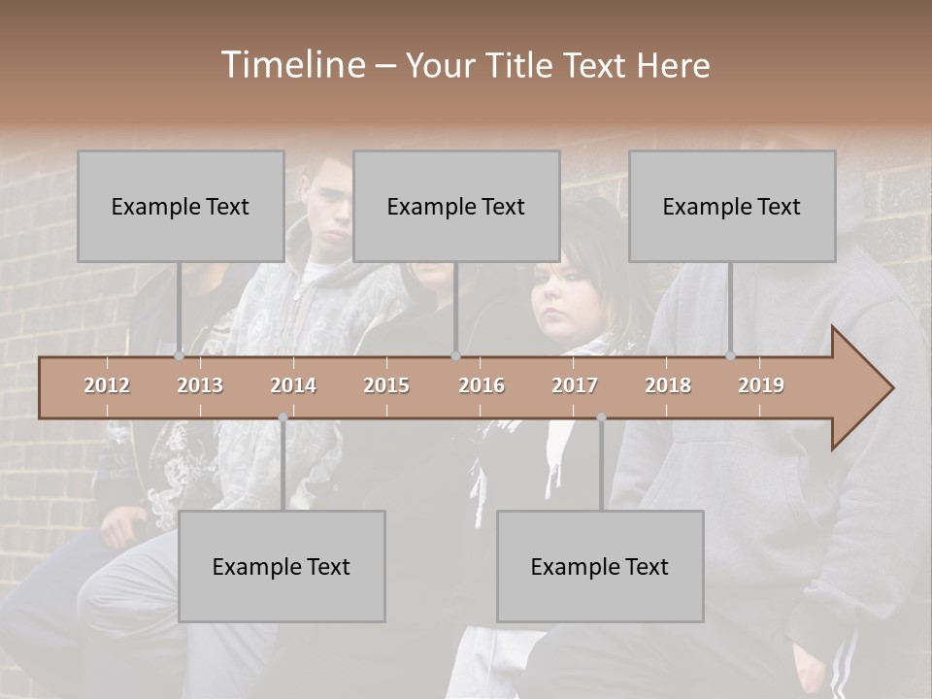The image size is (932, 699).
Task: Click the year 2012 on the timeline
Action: pos(107,385)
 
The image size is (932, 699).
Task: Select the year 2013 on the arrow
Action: pos(200,385)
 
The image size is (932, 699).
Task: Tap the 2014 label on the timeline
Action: pos(293,385)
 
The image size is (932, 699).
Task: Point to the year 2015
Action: pos(386,385)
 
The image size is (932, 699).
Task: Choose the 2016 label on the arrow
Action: pos(482,385)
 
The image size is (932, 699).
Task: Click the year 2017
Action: pos(575,385)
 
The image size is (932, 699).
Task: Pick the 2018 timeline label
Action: pos(668,385)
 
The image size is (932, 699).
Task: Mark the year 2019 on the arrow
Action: pos(761,385)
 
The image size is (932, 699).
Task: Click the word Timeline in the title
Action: pos(292,65)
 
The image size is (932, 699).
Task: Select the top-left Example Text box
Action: pos(181,206)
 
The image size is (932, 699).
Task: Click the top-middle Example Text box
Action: pos(456,206)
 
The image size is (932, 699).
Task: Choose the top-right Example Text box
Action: pos(732,206)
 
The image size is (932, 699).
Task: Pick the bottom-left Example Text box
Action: pos(282,566)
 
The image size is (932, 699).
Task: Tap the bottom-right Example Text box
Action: pos(600,566)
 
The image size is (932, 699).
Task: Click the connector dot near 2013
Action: pos(179,355)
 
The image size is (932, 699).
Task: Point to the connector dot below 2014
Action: pos(283,417)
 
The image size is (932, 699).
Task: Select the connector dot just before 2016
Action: pos(455,355)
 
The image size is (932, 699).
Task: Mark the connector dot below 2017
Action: pos(601,417)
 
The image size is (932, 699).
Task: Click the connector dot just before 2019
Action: pos(730,355)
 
